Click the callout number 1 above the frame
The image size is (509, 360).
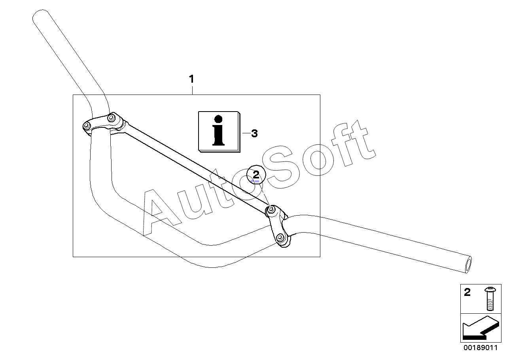click(x=192, y=79)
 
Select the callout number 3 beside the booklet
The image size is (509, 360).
click(x=254, y=134)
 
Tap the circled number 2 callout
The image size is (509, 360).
click(x=256, y=174)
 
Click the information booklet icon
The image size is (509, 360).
click(x=219, y=131)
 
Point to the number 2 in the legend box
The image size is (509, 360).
click(x=467, y=293)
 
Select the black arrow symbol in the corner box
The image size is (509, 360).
click(x=478, y=328)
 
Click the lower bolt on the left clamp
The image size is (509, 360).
click(x=87, y=126)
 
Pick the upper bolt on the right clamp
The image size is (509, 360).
click(x=271, y=210)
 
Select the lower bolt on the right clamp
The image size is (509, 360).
click(x=280, y=238)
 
